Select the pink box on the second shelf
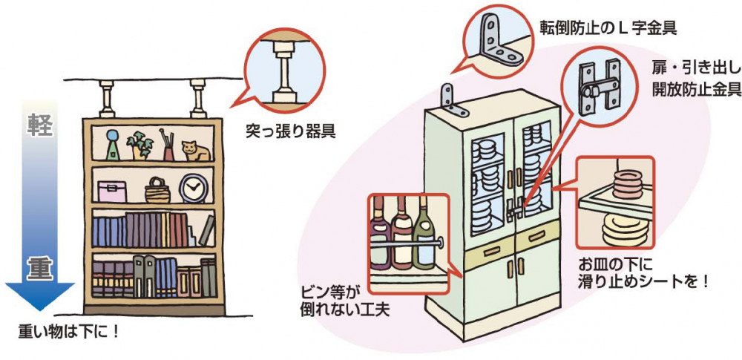pyautogui.click(x=112, y=192)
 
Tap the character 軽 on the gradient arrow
pyautogui.click(x=39, y=125)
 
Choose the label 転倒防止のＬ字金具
pyautogui.click(x=608, y=29)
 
